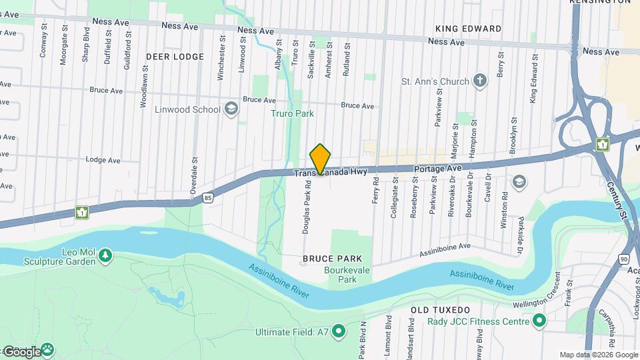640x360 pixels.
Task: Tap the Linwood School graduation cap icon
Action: click(231, 109)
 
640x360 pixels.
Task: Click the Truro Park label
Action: click(292, 113)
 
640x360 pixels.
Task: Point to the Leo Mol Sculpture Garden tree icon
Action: click(105, 255)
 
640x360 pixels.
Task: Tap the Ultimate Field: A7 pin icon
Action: click(339, 331)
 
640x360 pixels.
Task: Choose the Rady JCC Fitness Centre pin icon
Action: click(539, 322)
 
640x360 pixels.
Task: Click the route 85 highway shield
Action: click(209, 198)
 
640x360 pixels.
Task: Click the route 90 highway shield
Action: click(623, 258)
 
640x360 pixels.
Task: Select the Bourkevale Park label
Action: click(341, 275)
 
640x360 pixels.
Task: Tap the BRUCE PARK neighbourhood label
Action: click(332, 258)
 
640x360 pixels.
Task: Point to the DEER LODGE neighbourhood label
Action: click(175, 57)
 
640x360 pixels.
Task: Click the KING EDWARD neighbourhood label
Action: click(468, 29)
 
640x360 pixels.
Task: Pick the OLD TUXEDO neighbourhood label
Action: click(440, 310)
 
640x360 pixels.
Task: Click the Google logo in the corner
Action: click(21, 351)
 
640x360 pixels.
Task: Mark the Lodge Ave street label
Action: click(103, 160)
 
